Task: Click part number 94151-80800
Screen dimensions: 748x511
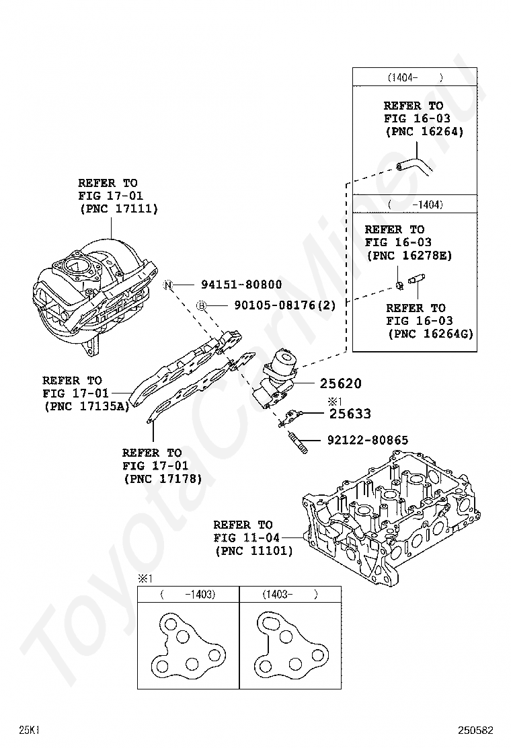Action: [239, 285]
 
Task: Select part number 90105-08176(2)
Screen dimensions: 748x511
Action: [284, 305]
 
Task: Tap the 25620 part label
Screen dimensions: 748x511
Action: [340, 384]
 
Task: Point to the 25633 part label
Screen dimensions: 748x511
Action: [350, 414]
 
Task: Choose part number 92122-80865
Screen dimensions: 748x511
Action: [367, 441]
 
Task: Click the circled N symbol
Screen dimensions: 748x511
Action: [168, 285]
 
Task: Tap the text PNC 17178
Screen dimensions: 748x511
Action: [163, 479]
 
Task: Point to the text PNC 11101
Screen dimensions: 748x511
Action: [254, 551]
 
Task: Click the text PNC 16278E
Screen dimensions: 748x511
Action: [409, 256]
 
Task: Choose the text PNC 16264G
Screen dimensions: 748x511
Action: [430, 334]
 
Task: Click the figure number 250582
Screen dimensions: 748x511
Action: [476, 730]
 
